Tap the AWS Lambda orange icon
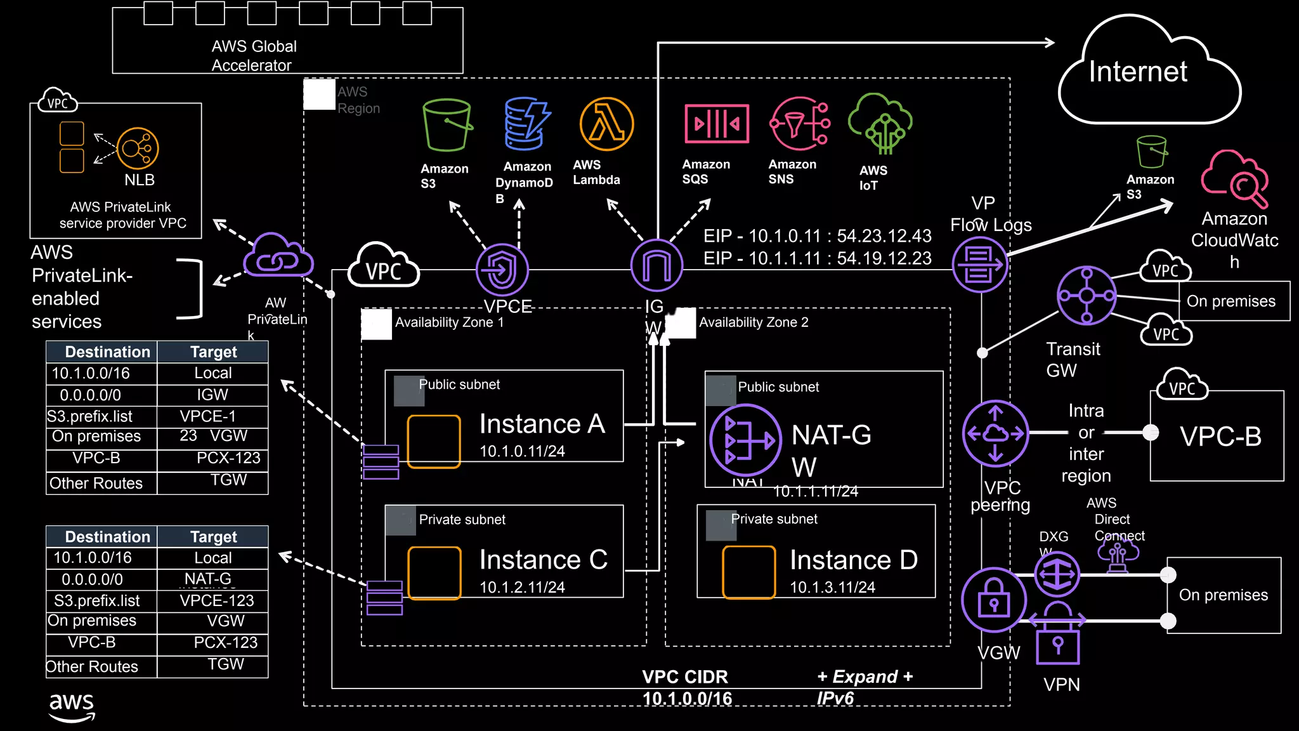coord(606,124)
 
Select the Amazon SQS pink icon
coord(716,124)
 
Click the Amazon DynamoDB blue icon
coord(526,124)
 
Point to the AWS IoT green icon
coord(881,124)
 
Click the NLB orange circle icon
coord(138,148)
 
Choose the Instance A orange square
coord(434,442)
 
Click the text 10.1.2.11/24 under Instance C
coord(522,588)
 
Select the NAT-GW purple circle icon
coord(745,440)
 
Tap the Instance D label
coord(853,560)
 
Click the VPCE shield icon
coord(502,270)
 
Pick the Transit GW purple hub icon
coord(1086,296)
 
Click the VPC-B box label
coord(1220,437)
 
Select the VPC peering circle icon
coord(995,433)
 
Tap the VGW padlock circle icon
coord(993,600)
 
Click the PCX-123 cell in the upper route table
coord(228,458)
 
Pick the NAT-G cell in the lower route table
coord(208,579)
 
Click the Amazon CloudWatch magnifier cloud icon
coord(1234,180)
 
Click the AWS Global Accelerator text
coord(254,56)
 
